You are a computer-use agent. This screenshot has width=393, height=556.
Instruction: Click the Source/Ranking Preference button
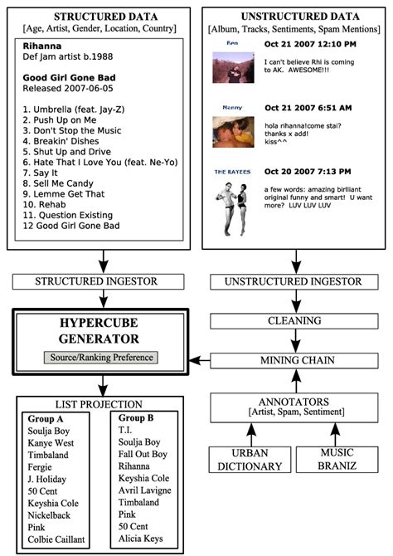click(99, 358)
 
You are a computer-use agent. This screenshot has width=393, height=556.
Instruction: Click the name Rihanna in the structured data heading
click(41, 46)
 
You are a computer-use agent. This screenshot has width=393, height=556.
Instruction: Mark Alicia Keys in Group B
click(143, 539)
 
